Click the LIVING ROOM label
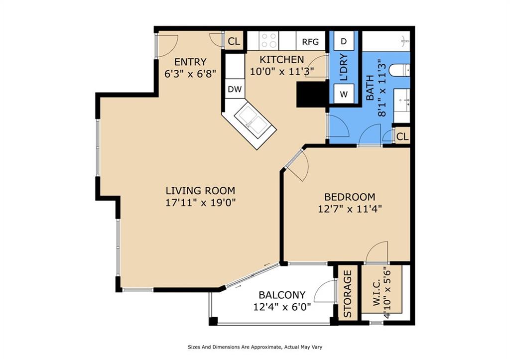coord(200,190)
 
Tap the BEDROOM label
coord(350,197)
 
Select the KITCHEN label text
coord(282,60)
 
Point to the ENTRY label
coord(190,62)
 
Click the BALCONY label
coord(282,295)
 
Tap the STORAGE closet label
coord(348,294)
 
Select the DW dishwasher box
coord(235,89)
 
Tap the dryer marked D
coord(344,41)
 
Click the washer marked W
coord(344,94)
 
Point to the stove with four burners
coord(269,41)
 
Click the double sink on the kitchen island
coord(253,120)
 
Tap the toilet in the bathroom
coord(400,70)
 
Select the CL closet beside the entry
coord(234,41)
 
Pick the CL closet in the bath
coord(402,136)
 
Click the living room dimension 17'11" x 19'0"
coord(200,203)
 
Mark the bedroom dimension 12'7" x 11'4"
coord(350,209)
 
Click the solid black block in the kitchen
coord(313,94)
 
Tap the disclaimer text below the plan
coord(255,347)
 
